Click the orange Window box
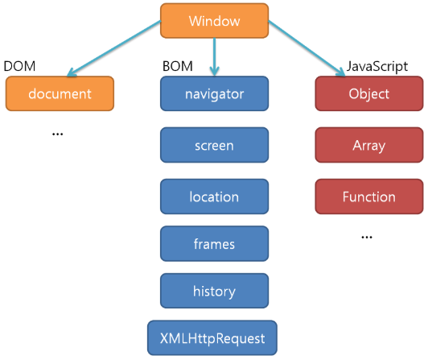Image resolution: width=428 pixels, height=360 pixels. [214, 21]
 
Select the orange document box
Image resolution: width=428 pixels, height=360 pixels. [60, 93]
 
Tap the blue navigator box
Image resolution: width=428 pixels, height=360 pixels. [214, 93]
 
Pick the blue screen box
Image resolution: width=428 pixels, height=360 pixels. [214, 145]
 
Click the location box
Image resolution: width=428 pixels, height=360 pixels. [214, 197]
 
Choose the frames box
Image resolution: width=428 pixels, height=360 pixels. [214, 243]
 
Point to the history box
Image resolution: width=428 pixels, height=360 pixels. [214, 291]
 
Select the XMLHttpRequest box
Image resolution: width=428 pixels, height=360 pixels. [212, 338]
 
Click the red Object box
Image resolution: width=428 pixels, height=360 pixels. [369, 93]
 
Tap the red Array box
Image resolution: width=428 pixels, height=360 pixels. [369, 145]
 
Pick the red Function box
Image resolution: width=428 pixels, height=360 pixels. [369, 197]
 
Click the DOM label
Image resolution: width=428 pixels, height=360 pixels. [19, 66]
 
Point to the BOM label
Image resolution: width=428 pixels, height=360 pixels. [178, 66]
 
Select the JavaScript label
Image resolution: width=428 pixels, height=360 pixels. [377, 67]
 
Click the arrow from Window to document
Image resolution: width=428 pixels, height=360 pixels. [113, 48]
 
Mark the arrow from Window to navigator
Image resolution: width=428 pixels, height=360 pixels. [215, 57]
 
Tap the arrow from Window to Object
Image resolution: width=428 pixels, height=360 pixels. [307, 48]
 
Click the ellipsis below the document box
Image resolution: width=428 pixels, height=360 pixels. [58, 134]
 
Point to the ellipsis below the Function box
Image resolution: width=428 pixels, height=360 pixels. [367, 237]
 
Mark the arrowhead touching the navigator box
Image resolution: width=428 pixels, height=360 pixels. [215, 72]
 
